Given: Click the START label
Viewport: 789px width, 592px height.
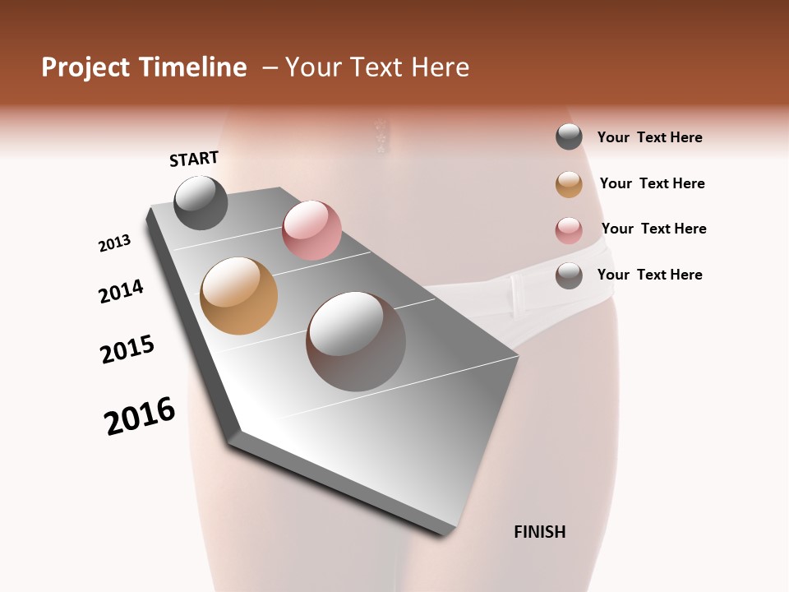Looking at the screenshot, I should [194, 159].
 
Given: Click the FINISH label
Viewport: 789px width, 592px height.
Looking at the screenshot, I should [539, 532].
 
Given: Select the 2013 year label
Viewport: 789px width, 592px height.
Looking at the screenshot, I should [114, 243].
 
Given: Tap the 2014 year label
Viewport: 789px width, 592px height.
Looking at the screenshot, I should [121, 291].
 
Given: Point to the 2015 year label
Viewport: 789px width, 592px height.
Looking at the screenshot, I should [127, 349].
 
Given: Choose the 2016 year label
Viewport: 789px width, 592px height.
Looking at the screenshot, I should [140, 416].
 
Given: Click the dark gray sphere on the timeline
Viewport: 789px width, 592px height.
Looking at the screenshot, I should [201, 202].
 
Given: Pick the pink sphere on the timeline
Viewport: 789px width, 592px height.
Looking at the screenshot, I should [311, 230].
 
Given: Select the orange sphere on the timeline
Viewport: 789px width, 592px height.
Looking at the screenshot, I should [239, 296].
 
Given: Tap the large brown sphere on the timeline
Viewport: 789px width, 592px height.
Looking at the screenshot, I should [356, 341].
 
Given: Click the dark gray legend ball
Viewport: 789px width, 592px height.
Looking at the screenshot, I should [569, 136].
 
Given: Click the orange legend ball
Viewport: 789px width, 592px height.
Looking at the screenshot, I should [569, 184].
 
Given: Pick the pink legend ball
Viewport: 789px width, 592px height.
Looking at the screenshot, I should [569, 230].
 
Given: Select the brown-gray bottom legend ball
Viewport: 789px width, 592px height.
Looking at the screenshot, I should [569, 275].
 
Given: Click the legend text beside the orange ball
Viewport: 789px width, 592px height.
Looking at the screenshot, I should [652, 183].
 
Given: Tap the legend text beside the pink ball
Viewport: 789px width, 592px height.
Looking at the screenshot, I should [653, 229].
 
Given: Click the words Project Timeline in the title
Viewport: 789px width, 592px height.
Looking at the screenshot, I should [144, 67].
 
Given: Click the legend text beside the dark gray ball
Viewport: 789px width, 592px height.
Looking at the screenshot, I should [649, 137].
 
